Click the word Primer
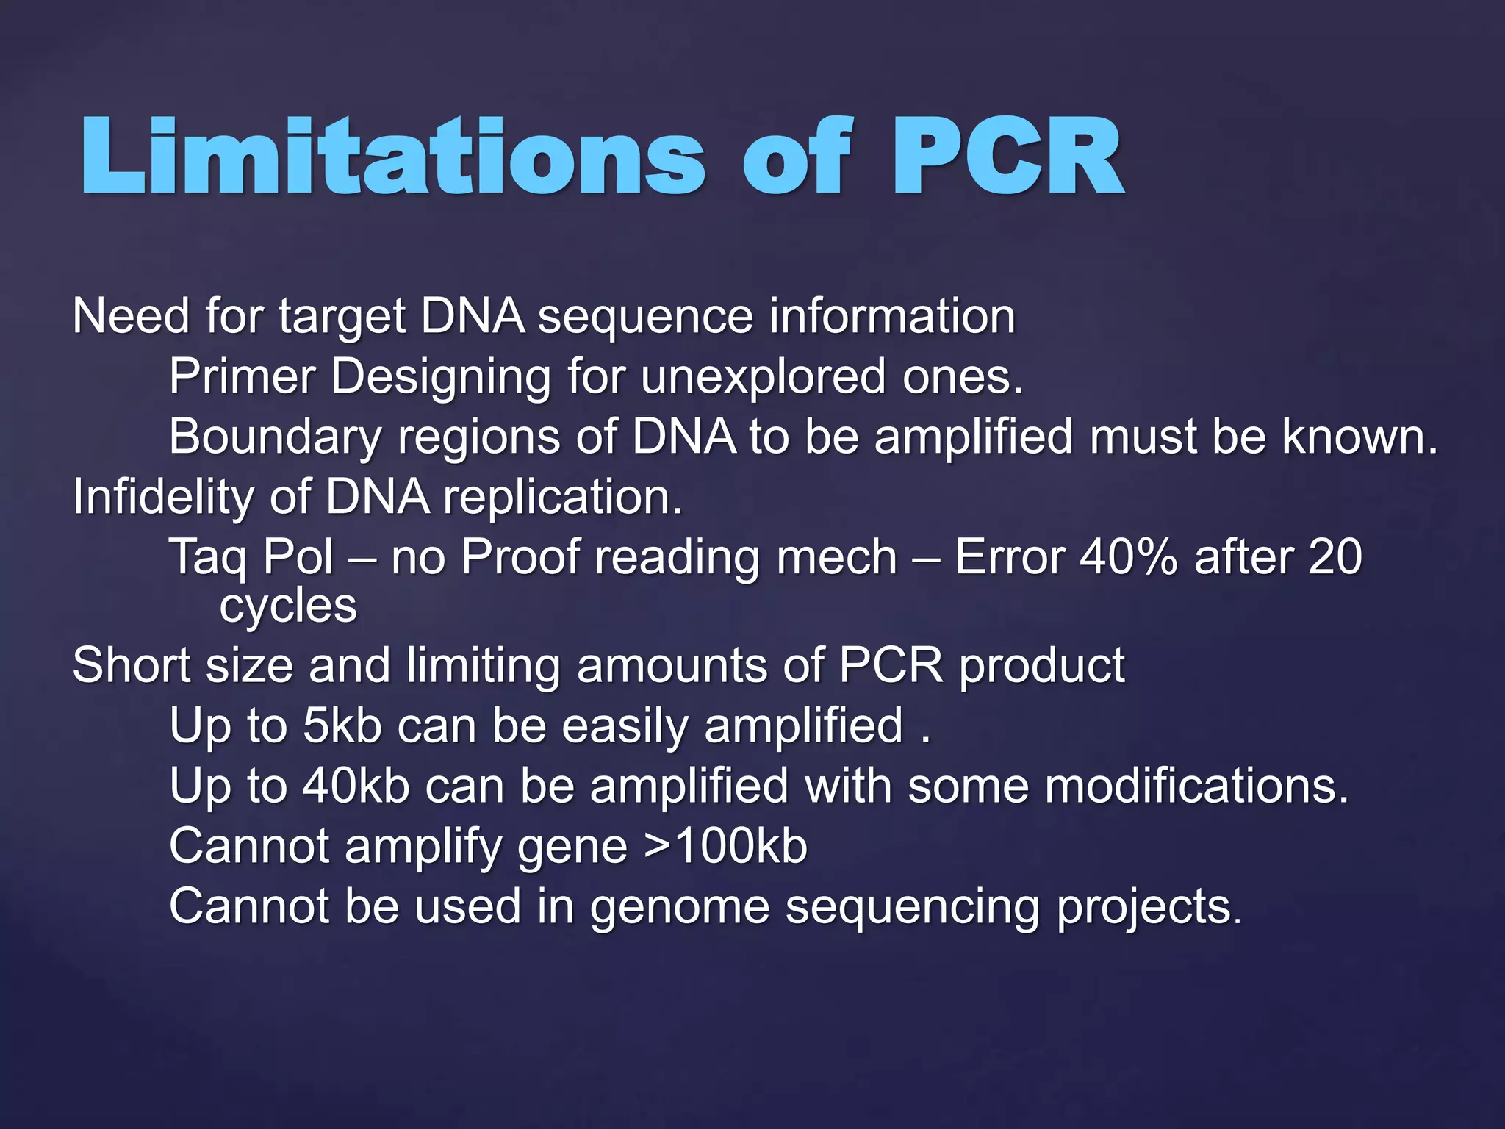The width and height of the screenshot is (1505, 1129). tap(243, 376)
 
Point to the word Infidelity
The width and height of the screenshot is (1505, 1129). tap(162, 497)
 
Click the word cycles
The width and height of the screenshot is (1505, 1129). tap(288, 607)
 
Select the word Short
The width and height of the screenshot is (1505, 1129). tap(132, 665)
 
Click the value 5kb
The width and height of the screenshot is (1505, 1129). tap(342, 725)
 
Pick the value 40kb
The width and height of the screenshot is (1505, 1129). tap(356, 786)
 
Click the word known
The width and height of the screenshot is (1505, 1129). tap(1359, 437)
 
